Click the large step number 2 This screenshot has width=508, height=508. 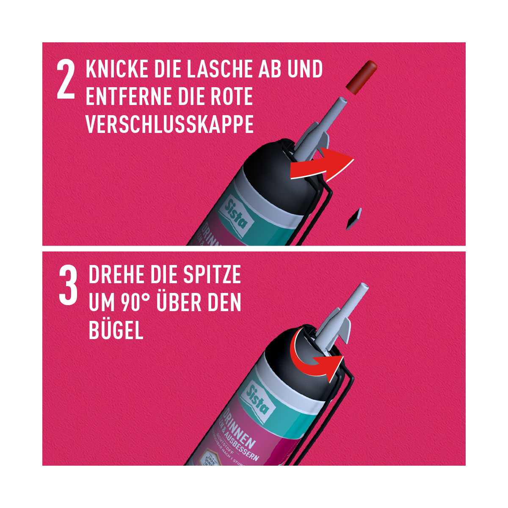pyautogui.click(x=66, y=80)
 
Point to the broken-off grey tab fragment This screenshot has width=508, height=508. pyautogui.click(x=352, y=218)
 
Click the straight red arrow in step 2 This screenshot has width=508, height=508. pyautogui.click(x=322, y=166)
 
